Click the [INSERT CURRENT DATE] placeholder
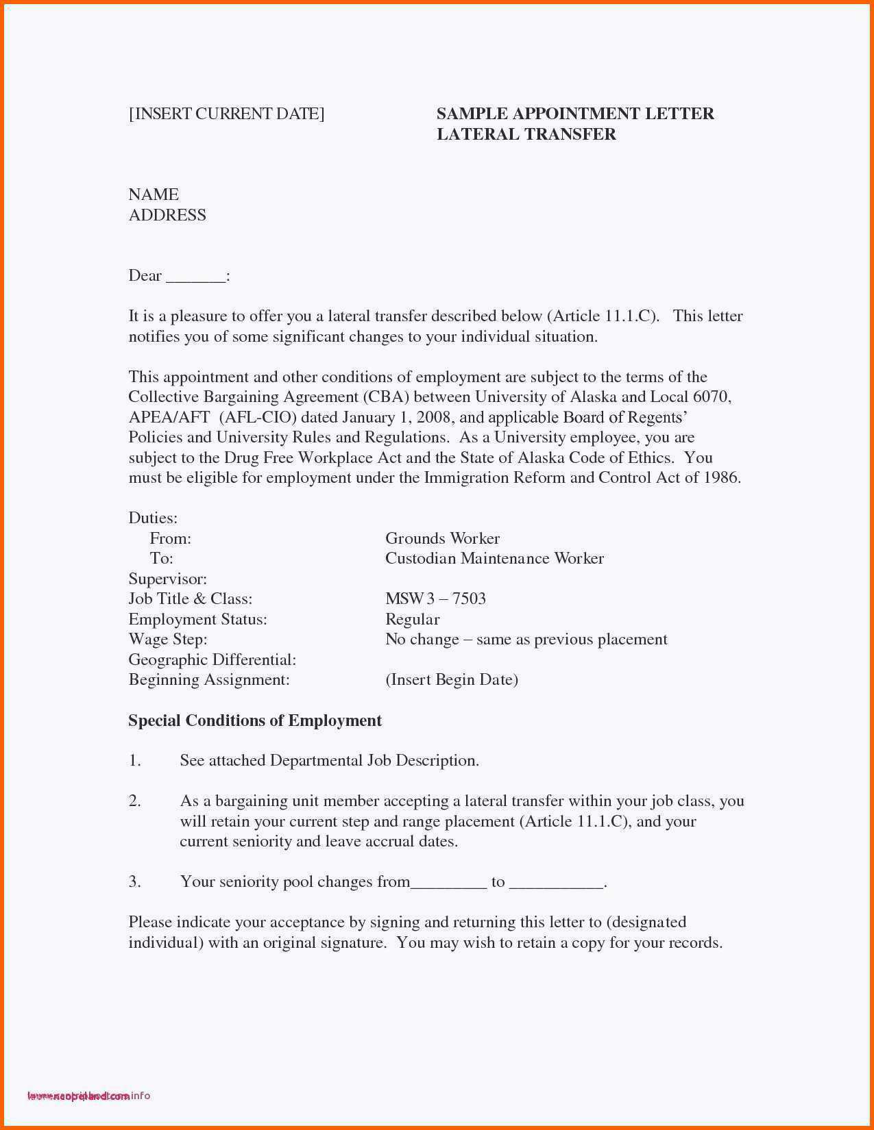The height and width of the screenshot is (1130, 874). [x=226, y=114]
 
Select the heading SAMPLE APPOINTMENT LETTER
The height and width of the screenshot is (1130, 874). [x=575, y=114]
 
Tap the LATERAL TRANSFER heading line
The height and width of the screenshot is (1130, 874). [x=526, y=134]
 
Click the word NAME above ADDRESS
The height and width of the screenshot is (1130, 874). [x=154, y=194]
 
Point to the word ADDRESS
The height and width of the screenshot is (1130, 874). [x=167, y=215]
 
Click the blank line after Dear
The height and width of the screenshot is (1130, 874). [x=195, y=277]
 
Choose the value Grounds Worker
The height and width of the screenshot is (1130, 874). [x=442, y=538]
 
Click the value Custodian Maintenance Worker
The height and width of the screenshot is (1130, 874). [x=494, y=559]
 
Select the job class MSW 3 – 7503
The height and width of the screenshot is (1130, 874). [x=435, y=599]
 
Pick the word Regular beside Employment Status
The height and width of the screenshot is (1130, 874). [x=412, y=619]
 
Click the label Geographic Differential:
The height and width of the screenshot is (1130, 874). [x=212, y=660]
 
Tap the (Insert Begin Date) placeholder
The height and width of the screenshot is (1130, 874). [x=451, y=680]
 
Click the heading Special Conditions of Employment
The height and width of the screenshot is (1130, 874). [x=255, y=720]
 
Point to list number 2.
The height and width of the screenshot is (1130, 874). [x=135, y=801]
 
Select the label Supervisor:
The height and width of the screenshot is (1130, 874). [x=167, y=579]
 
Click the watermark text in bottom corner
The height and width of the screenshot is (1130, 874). [x=88, y=1096]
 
